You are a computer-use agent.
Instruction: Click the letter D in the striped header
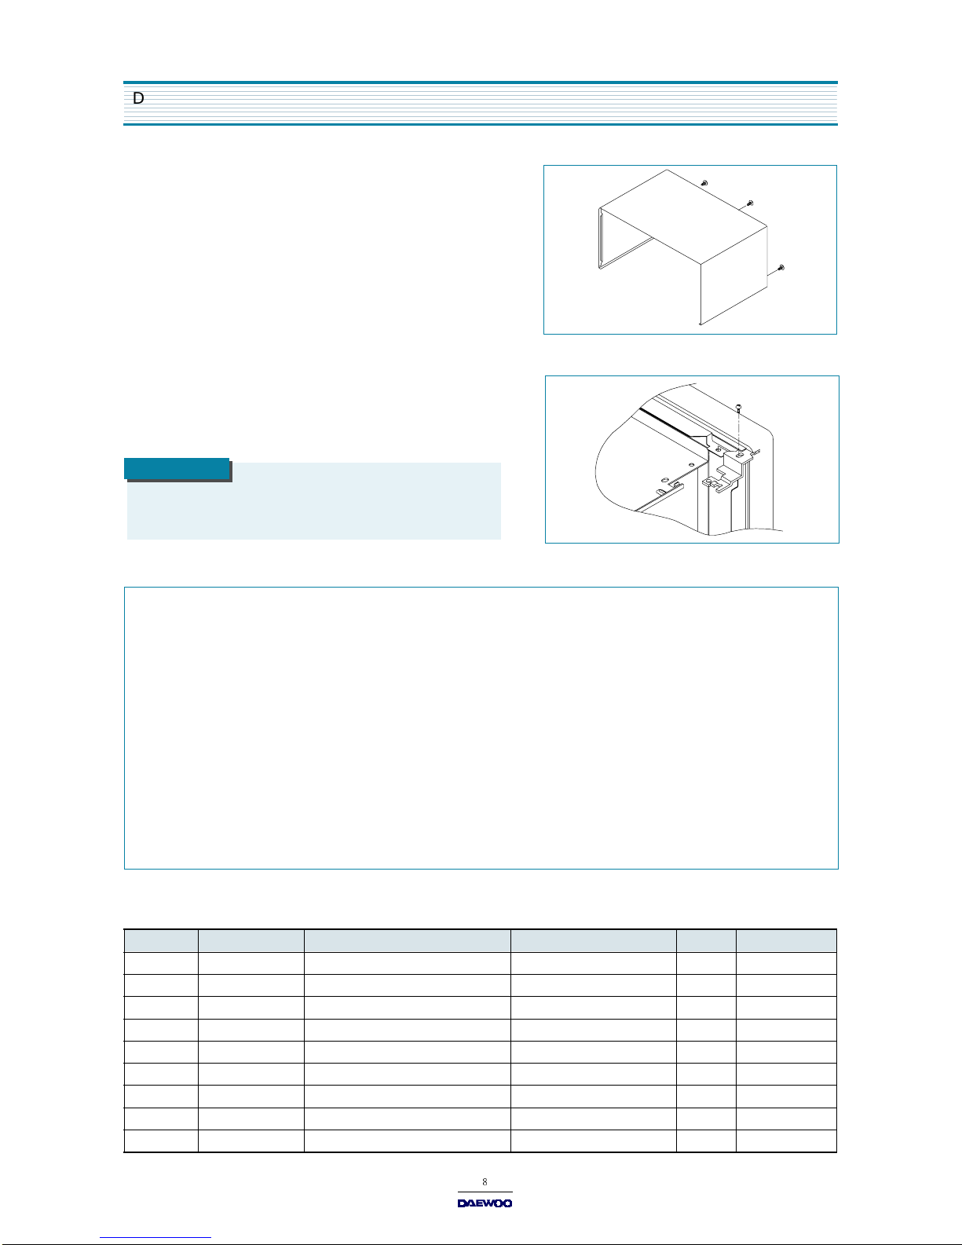[x=138, y=98]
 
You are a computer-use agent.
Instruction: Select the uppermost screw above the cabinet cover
[x=704, y=183]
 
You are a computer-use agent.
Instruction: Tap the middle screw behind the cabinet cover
[x=750, y=203]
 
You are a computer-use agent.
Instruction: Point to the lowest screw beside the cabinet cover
[x=781, y=268]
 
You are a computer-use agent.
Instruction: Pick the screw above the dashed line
[x=739, y=408]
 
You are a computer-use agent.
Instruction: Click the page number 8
[x=485, y=1181]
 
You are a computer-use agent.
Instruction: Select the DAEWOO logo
[x=485, y=1203]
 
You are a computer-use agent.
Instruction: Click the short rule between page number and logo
[x=485, y=1192]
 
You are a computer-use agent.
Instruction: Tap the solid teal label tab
[x=177, y=469]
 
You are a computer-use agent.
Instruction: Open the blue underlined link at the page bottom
[x=155, y=1237]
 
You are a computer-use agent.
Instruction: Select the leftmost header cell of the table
[x=162, y=941]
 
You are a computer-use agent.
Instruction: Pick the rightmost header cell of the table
[x=786, y=941]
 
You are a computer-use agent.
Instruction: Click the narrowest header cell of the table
[x=706, y=941]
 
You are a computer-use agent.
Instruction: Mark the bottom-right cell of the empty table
[x=786, y=1141]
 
